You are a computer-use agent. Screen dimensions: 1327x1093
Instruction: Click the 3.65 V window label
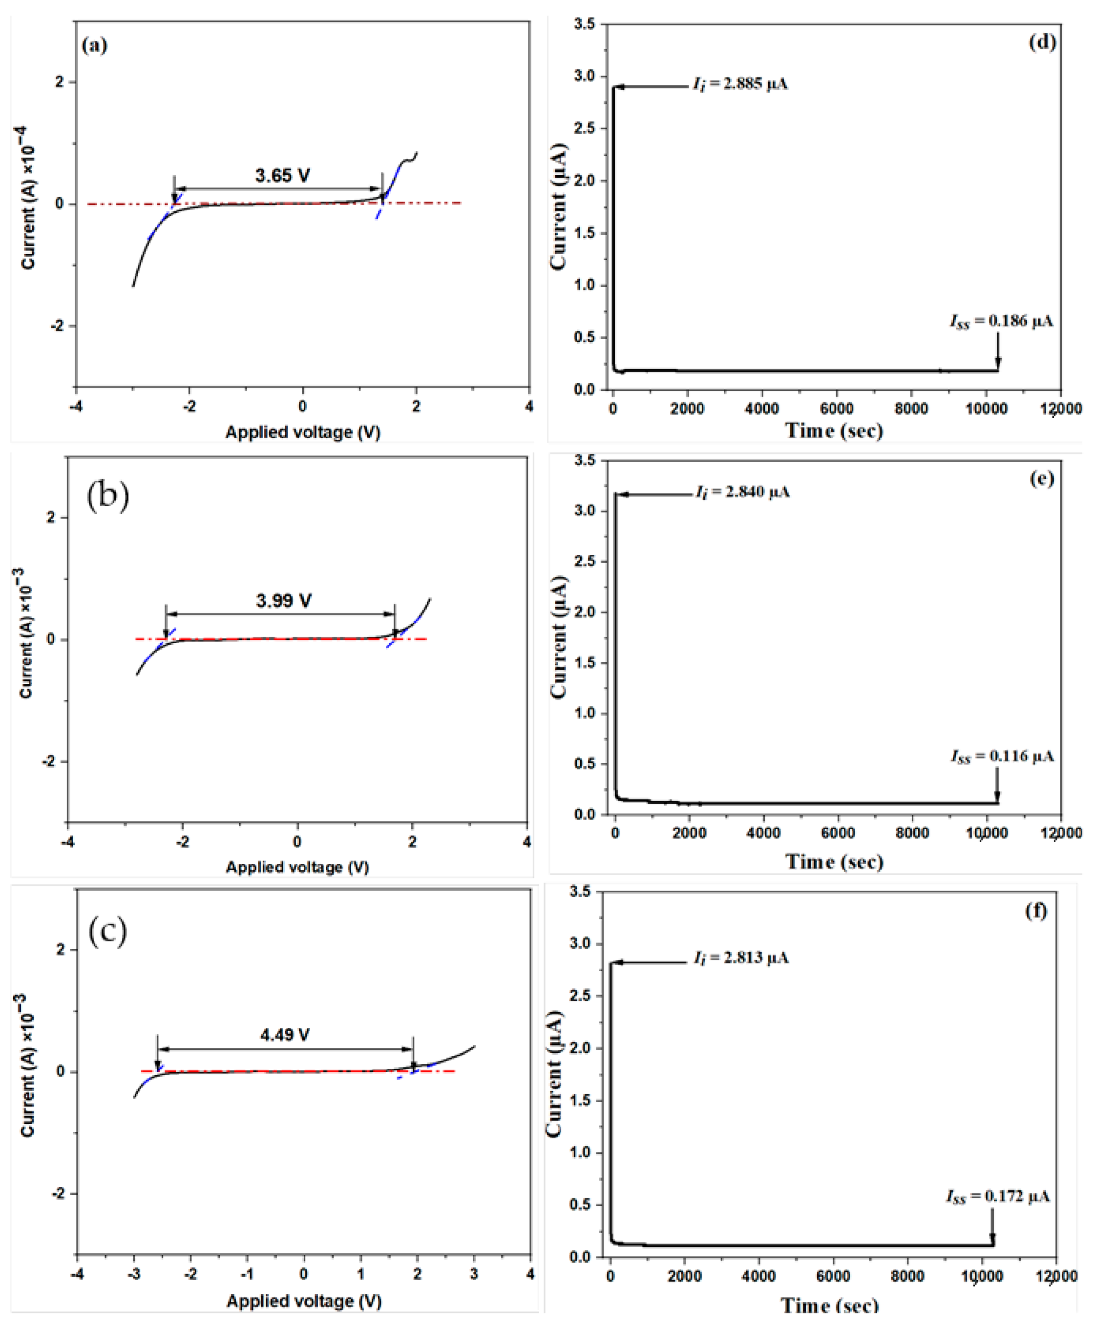(282, 176)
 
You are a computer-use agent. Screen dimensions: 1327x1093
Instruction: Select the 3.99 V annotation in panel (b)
(283, 600)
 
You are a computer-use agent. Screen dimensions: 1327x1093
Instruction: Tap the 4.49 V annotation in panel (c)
(285, 1035)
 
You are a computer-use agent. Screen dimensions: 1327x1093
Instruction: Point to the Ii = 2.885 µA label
(740, 83)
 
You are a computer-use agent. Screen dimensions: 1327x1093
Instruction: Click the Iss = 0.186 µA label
(1001, 322)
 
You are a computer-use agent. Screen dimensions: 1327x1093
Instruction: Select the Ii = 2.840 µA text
(742, 491)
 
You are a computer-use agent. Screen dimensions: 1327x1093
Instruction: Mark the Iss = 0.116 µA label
(1002, 756)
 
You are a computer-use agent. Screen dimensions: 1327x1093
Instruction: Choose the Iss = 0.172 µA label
(998, 1196)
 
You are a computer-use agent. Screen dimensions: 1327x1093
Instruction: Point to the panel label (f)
(1036, 911)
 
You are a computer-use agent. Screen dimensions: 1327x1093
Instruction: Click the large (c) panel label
(107, 931)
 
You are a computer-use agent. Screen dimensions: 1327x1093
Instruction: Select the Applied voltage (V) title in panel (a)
(303, 432)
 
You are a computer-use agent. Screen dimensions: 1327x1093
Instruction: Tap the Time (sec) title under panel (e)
(834, 861)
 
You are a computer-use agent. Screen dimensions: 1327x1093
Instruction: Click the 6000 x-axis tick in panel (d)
(836, 408)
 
